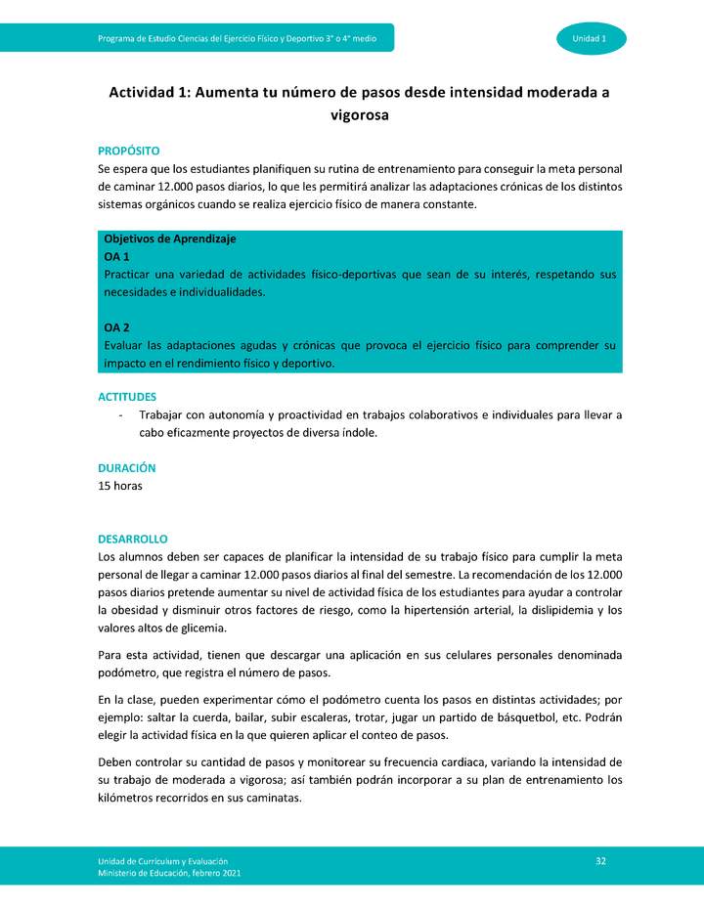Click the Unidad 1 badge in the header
[x=590, y=38]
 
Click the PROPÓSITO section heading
[x=128, y=151]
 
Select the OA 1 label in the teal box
[x=117, y=256]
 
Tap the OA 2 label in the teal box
[x=117, y=327]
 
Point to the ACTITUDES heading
[x=127, y=397]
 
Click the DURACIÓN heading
[x=127, y=468]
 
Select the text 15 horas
[x=120, y=486]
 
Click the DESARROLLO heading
[x=133, y=539]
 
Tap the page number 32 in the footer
[x=601, y=860]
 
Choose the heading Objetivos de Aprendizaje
[x=170, y=239]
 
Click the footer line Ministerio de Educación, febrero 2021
[x=169, y=873]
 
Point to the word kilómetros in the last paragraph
[x=130, y=798]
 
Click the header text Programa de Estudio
[x=142, y=38]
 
